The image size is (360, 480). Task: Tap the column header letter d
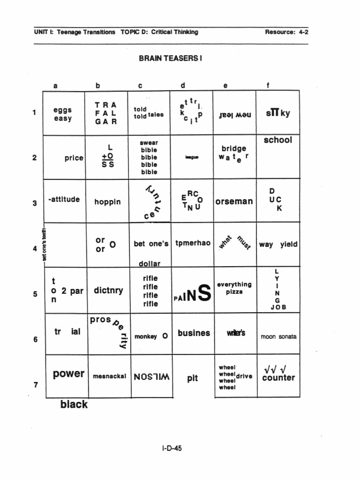pos(183,85)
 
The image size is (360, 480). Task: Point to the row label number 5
pos(35,294)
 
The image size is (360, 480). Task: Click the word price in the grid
pos(74,158)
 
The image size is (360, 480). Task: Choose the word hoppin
pos(107,202)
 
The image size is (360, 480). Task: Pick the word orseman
pos(234,202)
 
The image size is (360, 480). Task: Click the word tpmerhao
pos(193,244)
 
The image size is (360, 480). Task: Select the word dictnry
pos(108,291)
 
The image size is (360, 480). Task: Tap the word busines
pos(194,333)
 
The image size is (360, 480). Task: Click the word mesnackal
pos(109,376)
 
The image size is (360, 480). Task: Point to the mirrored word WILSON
pos(151,376)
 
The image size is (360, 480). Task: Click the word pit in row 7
pos(193,378)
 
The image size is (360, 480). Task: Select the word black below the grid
pos(74,405)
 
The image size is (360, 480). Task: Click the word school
pos(277,140)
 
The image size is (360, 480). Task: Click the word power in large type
pos(68,374)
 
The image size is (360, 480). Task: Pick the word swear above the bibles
pos(149,142)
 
